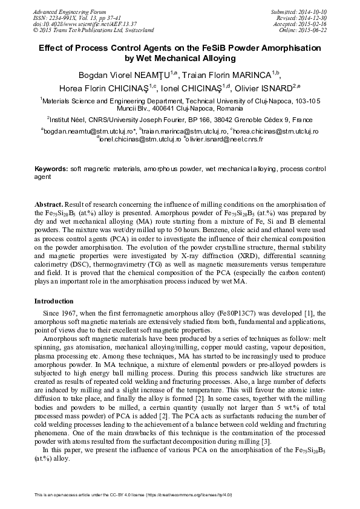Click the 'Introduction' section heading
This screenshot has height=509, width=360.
coord(57,300)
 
